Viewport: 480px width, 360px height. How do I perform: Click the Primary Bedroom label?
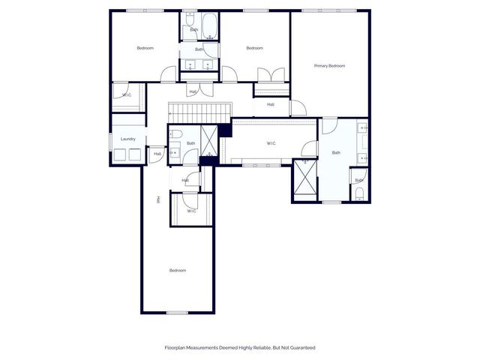pos(329,66)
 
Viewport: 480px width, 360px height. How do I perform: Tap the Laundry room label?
pos(127,139)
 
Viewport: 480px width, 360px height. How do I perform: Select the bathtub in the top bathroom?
pos(208,27)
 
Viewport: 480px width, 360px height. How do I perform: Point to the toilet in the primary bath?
pos(359,193)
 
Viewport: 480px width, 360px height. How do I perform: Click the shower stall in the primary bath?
pos(304,178)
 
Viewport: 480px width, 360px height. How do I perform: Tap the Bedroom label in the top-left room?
pos(145,49)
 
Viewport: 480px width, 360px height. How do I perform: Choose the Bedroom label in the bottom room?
pos(177,270)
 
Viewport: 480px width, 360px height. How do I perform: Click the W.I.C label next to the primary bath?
pos(271,143)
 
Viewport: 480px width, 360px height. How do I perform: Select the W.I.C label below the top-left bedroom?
pos(127,95)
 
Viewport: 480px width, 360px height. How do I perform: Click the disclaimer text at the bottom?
pos(240,347)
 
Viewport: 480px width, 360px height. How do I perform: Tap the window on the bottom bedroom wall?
pos(177,312)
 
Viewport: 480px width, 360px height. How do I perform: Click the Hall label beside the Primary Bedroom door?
pos(270,104)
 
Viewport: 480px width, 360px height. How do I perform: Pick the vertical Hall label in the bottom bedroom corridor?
pos(157,199)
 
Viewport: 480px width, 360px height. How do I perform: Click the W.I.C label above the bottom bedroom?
pos(191,211)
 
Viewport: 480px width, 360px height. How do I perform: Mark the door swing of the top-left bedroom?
pos(168,74)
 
